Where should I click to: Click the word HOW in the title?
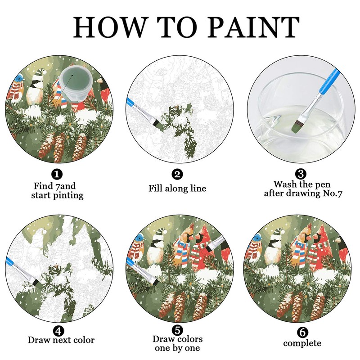pos(109,27)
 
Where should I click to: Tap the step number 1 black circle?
pos(57,174)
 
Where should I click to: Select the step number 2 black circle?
pos(177,175)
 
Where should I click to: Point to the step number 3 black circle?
pos(301,174)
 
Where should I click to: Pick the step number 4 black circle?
pos(58,331)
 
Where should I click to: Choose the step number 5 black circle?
pos(177,330)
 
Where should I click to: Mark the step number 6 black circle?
pos(302,332)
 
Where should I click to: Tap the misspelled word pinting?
pos(68,196)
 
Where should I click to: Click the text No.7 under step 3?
pos(332,193)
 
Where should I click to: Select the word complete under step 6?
pos(302,343)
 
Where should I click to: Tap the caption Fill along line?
pos(177,189)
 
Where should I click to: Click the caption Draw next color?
pos(61,340)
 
